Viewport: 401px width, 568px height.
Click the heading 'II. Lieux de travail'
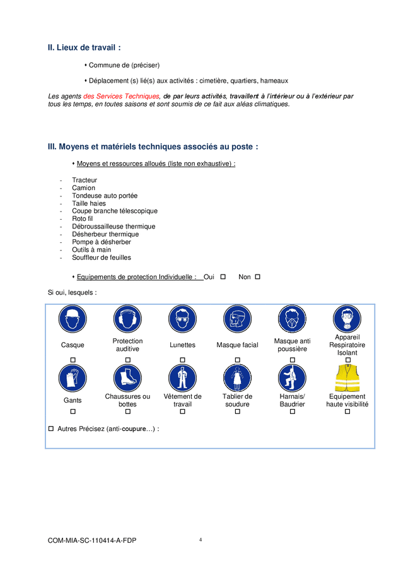click(84, 47)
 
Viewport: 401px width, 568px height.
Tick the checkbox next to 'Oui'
click(223, 277)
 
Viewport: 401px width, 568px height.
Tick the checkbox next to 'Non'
click(257, 277)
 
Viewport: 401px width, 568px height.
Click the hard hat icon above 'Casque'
click(73, 319)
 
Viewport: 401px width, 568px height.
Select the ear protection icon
click(127, 319)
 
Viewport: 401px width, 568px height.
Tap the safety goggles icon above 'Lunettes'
click(182, 319)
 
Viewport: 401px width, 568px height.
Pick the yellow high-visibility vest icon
click(347, 378)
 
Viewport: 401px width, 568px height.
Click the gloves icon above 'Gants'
click(73, 378)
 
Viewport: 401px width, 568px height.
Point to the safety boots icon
click(127, 378)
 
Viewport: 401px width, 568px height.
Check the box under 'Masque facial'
click(237, 360)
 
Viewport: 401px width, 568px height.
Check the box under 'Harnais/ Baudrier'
click(292, 411)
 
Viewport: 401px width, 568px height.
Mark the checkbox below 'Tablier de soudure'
click(237, 411)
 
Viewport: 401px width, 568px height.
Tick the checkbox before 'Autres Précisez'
click(51, 429)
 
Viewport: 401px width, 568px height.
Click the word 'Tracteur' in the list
click(84, 180)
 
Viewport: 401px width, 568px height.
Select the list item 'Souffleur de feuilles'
click(102, 257)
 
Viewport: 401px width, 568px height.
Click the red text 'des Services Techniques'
click(121, 96)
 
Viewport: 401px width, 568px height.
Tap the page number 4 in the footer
click(200, 540)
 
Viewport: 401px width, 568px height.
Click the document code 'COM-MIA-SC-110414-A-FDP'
click(92, 541)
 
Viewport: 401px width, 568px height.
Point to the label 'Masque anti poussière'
click(292, 345)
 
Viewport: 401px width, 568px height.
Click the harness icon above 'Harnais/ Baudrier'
click(292, 378)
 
